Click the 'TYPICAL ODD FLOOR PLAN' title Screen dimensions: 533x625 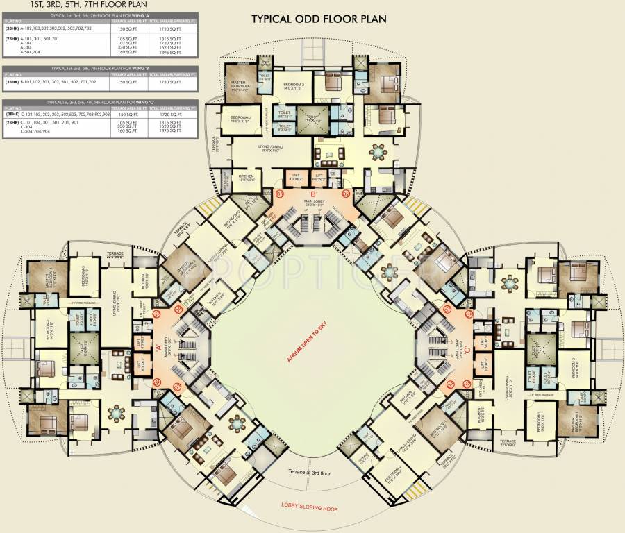tap(319, 18)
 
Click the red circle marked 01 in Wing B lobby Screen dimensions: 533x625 tap(281, 193)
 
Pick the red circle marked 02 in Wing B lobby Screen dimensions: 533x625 tap(347, 193)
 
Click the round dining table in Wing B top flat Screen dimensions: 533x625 tap(378, 151)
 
